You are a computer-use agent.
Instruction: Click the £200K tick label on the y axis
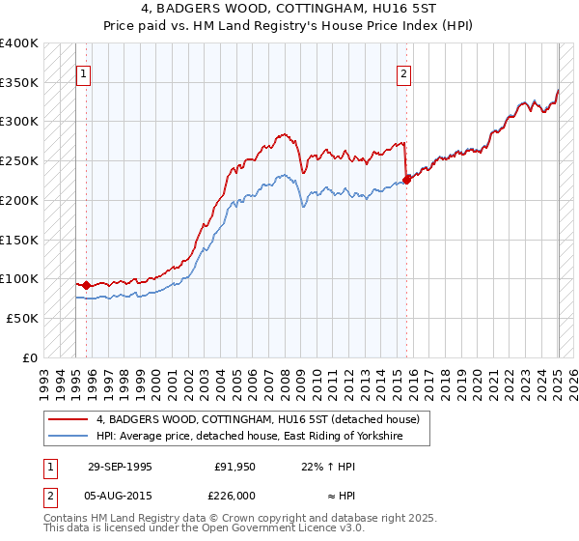[x=19, y=200]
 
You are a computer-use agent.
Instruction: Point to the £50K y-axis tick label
[x=22, y=318]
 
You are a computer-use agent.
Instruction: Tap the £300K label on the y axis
[x=19, y=122]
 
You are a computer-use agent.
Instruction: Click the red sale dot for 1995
[x=87, y=285]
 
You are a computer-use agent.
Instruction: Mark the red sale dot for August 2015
[x=406, y=179]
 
